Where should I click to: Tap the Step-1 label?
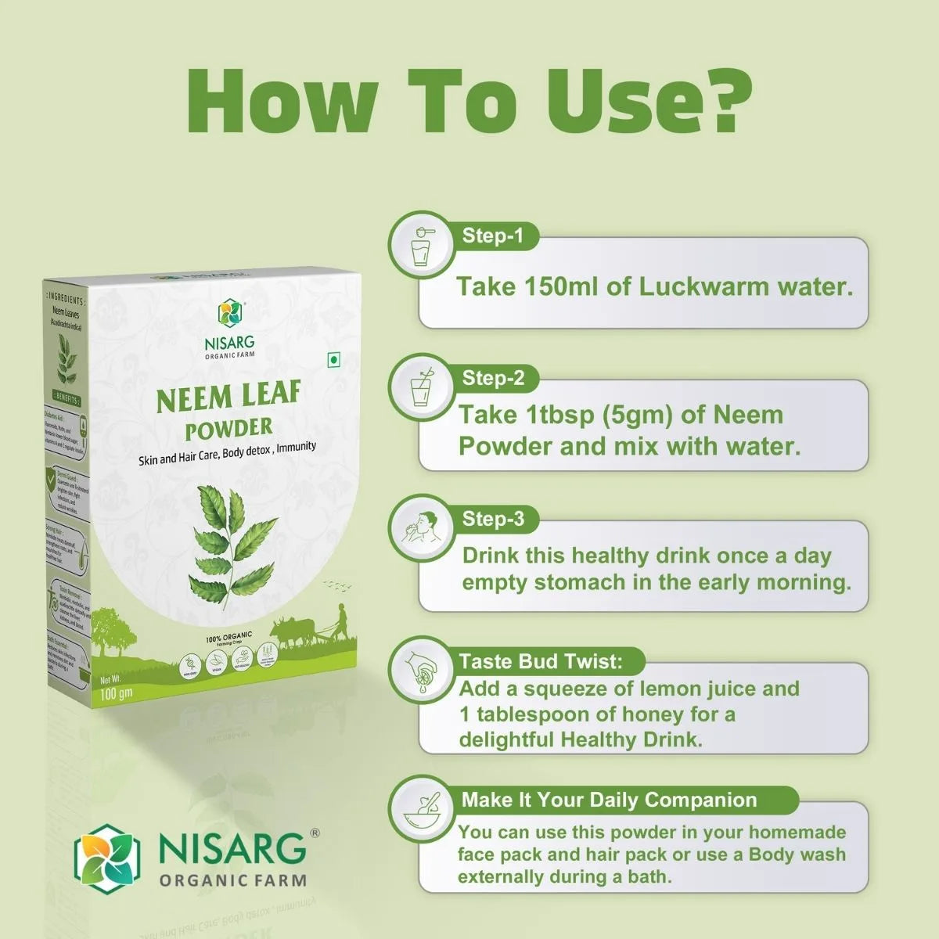point(492,236)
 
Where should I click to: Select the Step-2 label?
point(493,378)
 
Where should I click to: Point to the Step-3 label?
point(493,519)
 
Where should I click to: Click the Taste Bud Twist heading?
point(541,661)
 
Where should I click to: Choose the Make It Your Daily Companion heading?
point(609,800)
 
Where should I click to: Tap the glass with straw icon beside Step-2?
point(422,385)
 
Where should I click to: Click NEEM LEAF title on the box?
point(228,397)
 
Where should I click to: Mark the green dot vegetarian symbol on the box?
point(333,360)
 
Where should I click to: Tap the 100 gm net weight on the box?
point(117,693)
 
